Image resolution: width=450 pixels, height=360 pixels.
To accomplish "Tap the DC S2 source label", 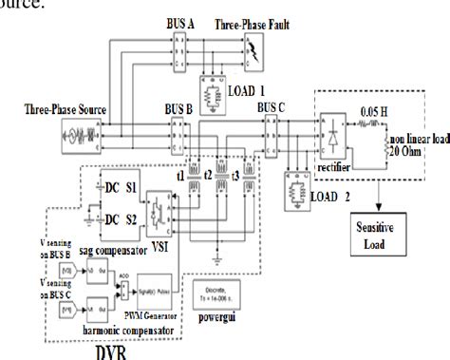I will tap(138, 220).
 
